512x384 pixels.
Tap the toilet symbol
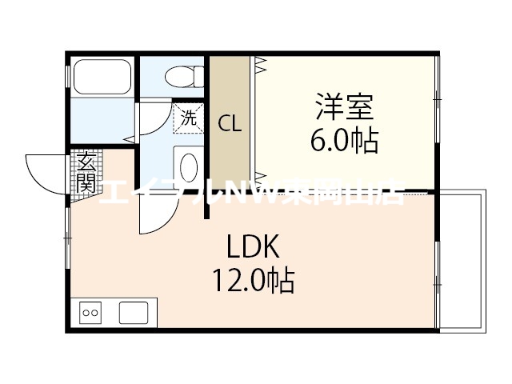(181, 76)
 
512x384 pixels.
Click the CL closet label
(230, 123)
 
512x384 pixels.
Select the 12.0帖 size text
(252, 281)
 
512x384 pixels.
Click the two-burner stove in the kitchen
(90, 312)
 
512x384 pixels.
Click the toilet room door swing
(154, 120)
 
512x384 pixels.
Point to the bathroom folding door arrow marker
(128, 141)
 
